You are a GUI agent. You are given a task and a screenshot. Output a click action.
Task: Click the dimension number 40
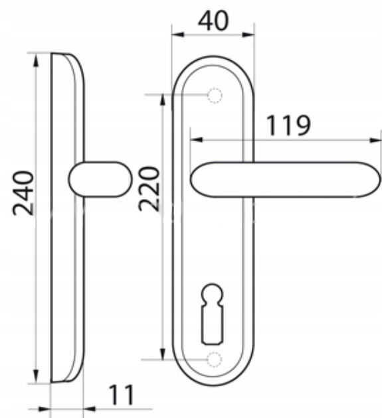click(213, 21)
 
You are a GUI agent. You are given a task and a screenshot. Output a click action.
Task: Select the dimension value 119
click(288, 125)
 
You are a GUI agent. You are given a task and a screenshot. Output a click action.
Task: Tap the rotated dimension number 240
click(23, 193)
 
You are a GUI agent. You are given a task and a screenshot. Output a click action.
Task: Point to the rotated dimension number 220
click(149, 188)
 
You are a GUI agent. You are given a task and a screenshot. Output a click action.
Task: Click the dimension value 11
click(121, 395)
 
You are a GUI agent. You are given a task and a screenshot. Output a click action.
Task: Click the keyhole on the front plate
click(212, 314)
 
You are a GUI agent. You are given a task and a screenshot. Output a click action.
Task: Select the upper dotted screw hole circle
click(215, 95)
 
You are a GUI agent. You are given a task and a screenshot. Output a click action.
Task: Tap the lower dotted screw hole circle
click(215, 359)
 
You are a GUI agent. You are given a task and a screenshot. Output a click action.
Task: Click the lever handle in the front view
click(286, 179)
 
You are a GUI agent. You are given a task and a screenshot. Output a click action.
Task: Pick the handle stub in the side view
click(100, 179)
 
